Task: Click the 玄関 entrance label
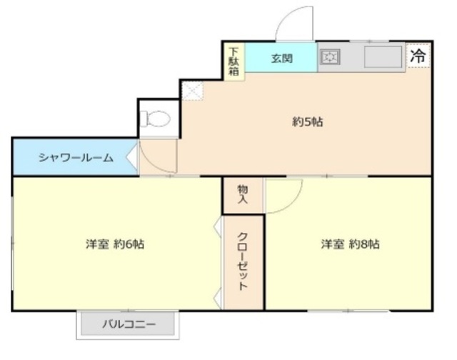(x=281, y=58)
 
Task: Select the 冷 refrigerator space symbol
(x=418, y=55)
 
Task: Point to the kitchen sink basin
(x=383, y=56)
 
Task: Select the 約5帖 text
(x=308, y=121)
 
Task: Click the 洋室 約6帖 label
(x=116, y=244)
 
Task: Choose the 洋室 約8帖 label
(x=350, y=244)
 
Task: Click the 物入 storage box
(x=243, y=194)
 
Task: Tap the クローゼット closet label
(x=243, y=261)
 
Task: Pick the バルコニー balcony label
(x=128, y=324)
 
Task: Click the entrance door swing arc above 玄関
(x=293, y=25)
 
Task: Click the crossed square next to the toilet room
(x=191, y=90)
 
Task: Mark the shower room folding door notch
(x=132, y=156)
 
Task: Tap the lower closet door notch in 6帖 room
(x=218, y=296)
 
